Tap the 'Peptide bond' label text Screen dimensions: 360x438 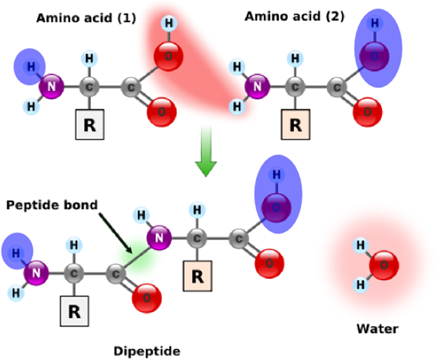pos(52,204)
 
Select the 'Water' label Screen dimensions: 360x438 pos(377,329)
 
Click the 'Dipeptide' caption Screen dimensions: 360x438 pos(147,350)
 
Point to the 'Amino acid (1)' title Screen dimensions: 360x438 pos(86,18)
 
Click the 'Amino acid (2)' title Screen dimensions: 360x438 pos(295,17)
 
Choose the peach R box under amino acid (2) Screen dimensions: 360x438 pos(296,125)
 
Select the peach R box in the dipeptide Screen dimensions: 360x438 pos(197,276)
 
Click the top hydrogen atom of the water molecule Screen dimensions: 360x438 pos(360,244)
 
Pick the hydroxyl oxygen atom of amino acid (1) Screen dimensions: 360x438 pos(168,55)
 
